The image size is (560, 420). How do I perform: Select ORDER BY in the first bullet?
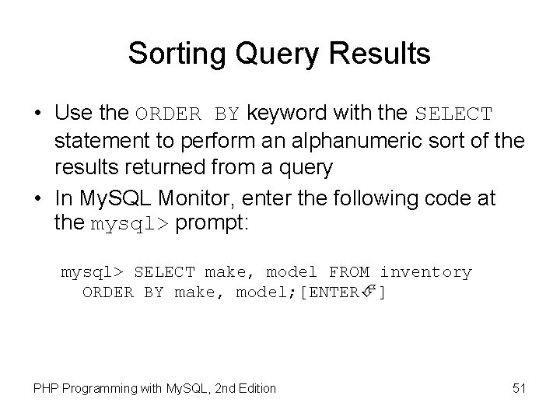pos(188,114)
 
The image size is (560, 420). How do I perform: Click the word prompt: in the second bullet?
pos(211,225)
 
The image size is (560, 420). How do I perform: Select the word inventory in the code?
pos(425,272)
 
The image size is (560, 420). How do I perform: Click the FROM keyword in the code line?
pos(349,272)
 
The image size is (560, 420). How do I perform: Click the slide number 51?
pos(519,388)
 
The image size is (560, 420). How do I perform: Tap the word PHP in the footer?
pos(45,388)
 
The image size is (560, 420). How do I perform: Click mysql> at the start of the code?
pos(92,272)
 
